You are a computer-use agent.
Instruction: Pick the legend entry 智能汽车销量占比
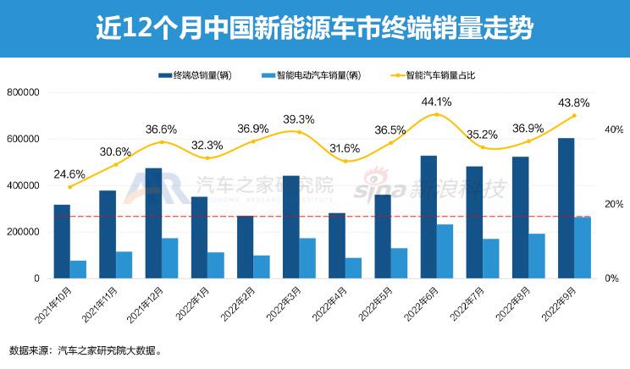(x=439, y=75)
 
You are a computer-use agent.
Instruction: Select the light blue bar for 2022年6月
(x=445, y=251)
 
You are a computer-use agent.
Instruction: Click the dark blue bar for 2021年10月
(x=62, y=241)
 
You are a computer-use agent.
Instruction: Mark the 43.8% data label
(x=573, y=103)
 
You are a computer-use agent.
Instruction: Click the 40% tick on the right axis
(x=613, y=129)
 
